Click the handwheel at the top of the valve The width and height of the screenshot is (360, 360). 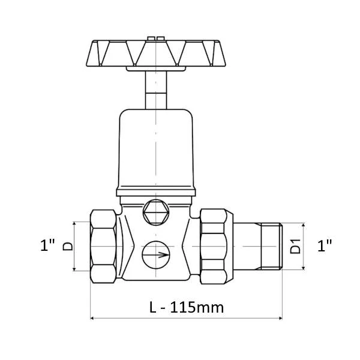156,53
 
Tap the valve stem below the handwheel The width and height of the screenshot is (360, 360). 156,90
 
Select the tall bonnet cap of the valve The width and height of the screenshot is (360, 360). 156,149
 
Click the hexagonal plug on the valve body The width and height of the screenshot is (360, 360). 156,212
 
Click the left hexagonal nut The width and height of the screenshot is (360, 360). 103,246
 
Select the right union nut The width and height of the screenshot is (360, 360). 216,246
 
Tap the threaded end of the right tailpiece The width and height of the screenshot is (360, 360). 272,246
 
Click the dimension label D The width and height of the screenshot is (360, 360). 67,247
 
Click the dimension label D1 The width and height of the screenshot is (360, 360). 295,247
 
